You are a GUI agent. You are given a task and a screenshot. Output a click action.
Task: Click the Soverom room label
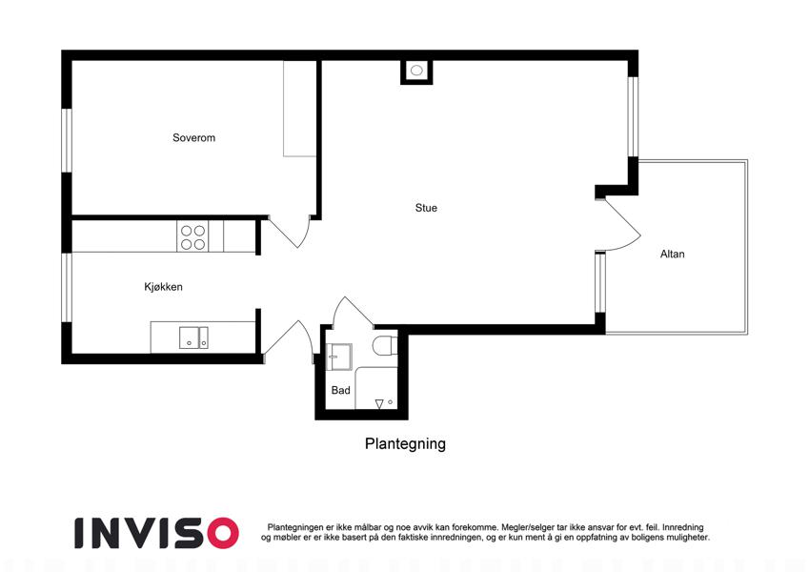pos(193,138)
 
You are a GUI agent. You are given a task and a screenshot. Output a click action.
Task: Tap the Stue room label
pos(426,208)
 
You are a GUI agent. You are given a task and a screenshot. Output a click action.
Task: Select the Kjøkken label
pos(163,287)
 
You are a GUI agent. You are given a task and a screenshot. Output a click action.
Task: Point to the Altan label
pos(672,255)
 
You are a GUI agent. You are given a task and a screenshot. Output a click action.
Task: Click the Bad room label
pos(340,391)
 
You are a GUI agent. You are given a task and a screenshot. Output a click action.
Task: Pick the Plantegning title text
pos(405,444)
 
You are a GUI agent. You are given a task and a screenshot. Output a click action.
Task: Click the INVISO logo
pos(156,532)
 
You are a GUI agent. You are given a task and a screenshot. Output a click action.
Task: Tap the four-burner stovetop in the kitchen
pos(192,236)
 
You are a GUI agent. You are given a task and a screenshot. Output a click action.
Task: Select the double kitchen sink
pos(196,337)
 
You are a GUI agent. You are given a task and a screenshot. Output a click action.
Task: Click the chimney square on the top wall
pos(416,71)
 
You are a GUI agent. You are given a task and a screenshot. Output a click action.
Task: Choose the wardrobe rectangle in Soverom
pos(300,109)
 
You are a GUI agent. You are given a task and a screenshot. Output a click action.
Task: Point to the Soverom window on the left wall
pos(66,141)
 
